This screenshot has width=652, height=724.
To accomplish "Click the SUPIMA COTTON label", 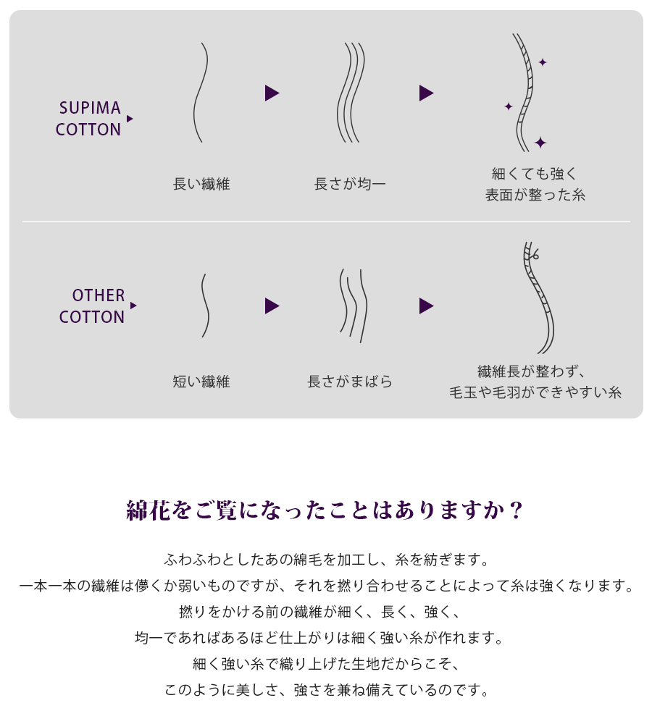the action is [88, 119].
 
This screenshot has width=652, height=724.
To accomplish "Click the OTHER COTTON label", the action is [91, 306].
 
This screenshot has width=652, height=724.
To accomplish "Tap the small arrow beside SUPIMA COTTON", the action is [130, 119].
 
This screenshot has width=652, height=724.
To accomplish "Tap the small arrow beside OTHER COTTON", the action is [133, 306].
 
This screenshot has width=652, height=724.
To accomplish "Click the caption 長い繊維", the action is [201, 184].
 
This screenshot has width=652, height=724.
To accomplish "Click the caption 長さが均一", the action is [350, 184].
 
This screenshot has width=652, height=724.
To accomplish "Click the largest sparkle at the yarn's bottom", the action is [540, 143].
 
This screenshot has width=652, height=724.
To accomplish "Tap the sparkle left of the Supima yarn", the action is [509, 106].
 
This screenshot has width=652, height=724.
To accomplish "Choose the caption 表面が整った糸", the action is [535, 195].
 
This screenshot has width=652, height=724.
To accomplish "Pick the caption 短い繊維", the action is [201, 382].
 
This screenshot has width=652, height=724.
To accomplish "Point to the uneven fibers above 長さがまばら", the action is [354, 306].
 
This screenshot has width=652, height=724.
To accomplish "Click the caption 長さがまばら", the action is [350, 382].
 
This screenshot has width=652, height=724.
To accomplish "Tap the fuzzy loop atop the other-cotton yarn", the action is [535, 254].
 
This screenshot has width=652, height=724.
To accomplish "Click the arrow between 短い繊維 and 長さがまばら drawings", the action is [272, 306].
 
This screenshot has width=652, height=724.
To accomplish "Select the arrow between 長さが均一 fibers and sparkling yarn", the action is [426, 93].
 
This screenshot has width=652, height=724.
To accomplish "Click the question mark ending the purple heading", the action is [517, 510].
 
